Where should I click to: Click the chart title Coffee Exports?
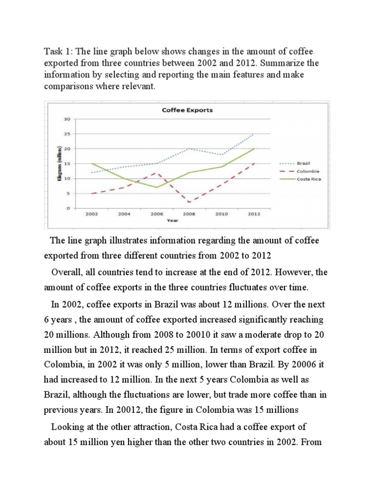point(187,110)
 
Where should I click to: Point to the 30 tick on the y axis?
point(68,119)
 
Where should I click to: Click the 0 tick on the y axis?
point(69,208)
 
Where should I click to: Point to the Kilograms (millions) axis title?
point(59,163)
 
